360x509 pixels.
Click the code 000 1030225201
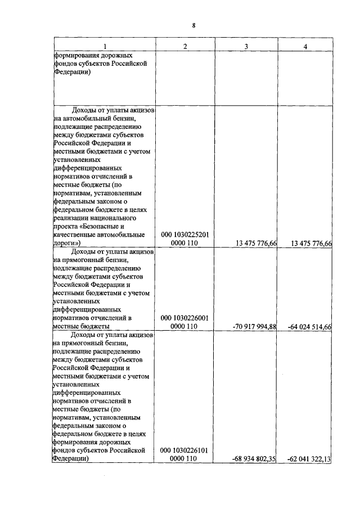tap(184, 235)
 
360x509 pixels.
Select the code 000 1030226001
tap(184, 318)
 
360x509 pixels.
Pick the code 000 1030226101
tap(184, 451)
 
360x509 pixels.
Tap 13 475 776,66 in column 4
tap(309, 243)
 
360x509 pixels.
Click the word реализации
tap(72, 217)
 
